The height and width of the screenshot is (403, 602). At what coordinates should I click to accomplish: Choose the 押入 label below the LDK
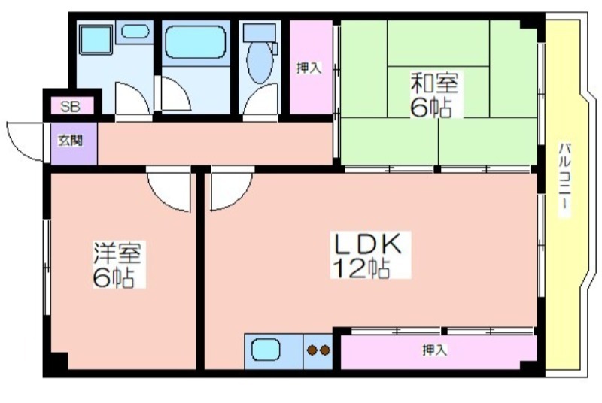click(434, 350)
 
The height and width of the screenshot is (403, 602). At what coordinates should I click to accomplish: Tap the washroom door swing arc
click(129, 96)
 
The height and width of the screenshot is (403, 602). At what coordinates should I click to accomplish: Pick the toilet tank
click(260, 33)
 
